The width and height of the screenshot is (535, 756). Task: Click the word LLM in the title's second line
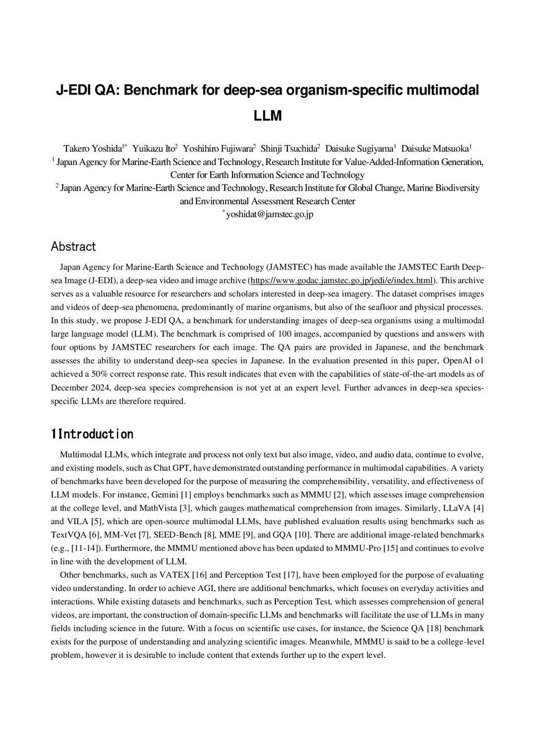click(x=267, y=115)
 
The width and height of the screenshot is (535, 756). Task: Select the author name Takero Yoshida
click(x=92, y=148)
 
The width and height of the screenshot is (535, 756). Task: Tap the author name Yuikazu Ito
click(x=154, y=148)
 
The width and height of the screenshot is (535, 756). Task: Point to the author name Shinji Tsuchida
click(x=289, y=148)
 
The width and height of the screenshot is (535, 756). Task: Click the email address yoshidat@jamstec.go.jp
click(x=269, y=214)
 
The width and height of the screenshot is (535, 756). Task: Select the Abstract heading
click(x=73, y=246)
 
